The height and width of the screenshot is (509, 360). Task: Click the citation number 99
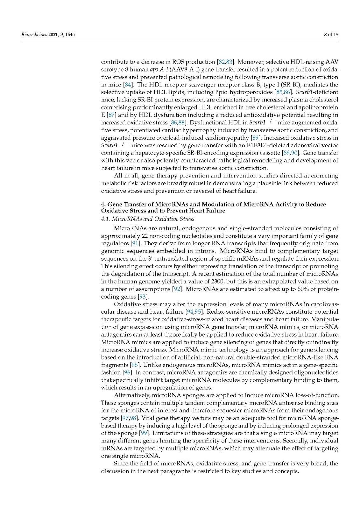(x=144, y=433)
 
